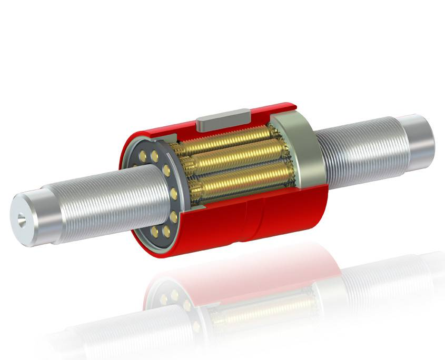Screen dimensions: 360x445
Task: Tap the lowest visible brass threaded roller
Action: pos(237,179)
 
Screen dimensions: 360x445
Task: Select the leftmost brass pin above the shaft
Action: pos(144,155)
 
